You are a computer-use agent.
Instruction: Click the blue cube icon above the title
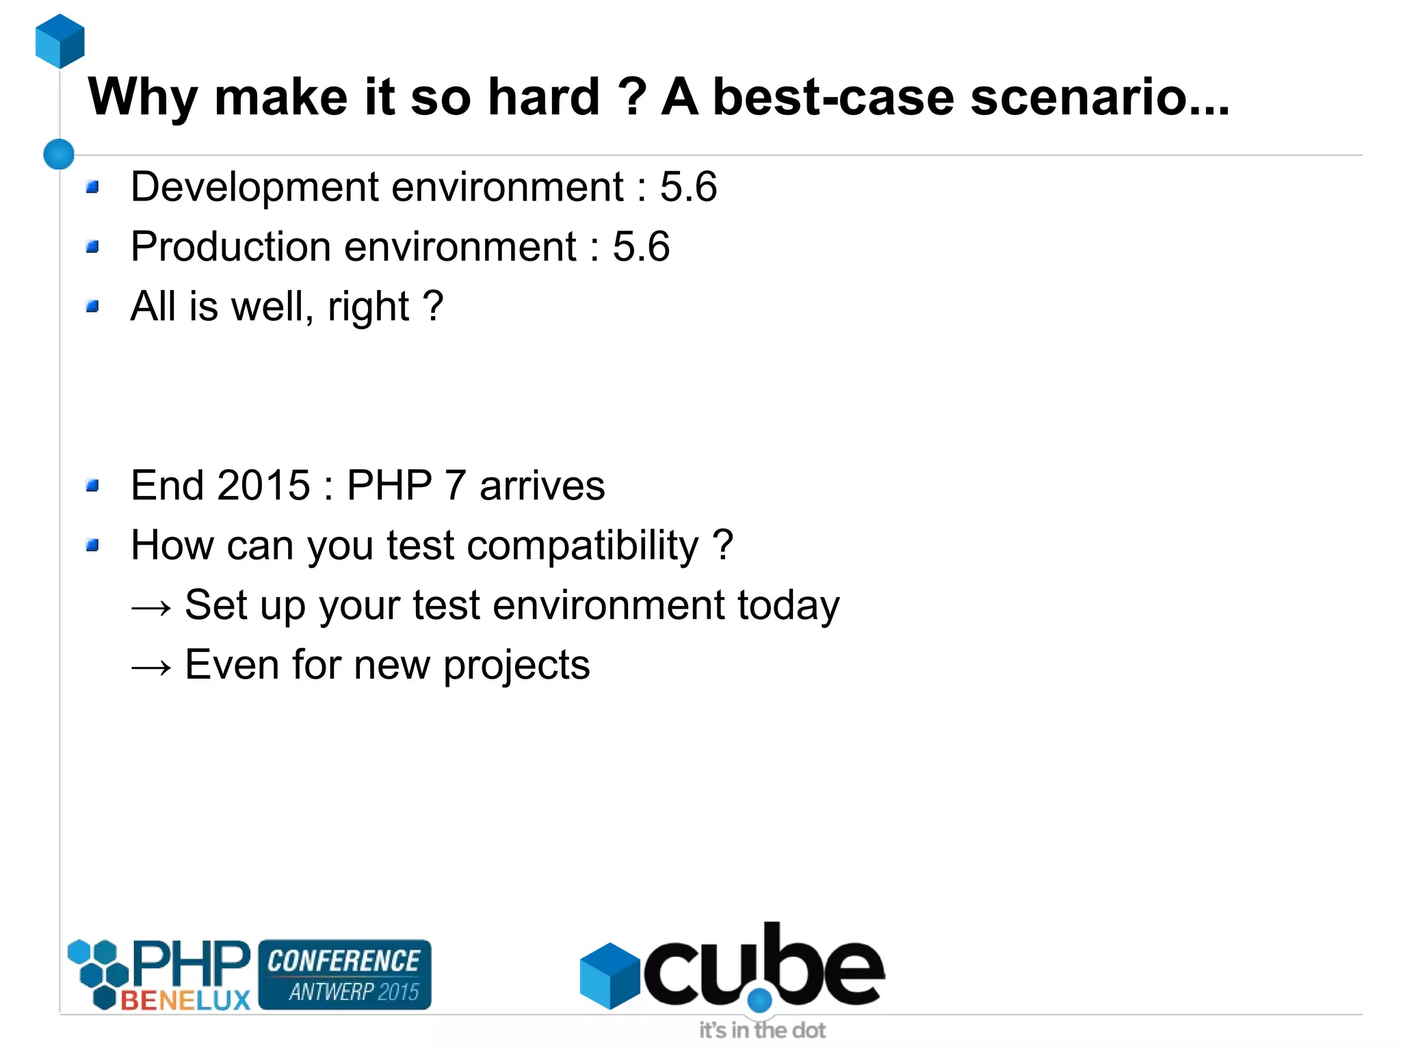coord(60,41)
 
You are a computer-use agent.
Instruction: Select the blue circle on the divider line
coord(59,154)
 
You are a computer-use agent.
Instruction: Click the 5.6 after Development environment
coord(688,187)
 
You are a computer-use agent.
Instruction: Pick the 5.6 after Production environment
coord(641,246)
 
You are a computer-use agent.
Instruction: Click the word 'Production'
coord(231,246)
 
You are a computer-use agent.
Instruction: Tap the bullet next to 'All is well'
coord(93,306)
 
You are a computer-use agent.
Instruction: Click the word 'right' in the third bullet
coord(368,307)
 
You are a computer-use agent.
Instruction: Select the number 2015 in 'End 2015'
coord(264,485)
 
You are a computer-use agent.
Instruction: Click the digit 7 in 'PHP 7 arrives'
coord(456,485)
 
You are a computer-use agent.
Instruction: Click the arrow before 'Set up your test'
coord(151,607)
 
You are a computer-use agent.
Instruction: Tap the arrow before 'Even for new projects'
coord(151,666)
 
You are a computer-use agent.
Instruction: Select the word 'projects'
coord(516,666)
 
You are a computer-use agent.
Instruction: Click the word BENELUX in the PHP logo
coord(185,1001)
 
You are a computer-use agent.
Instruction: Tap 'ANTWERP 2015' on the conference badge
coord(353,991)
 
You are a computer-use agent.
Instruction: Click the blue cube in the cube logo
coord(609,975)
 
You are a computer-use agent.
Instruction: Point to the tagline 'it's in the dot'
coord(762,1029)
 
